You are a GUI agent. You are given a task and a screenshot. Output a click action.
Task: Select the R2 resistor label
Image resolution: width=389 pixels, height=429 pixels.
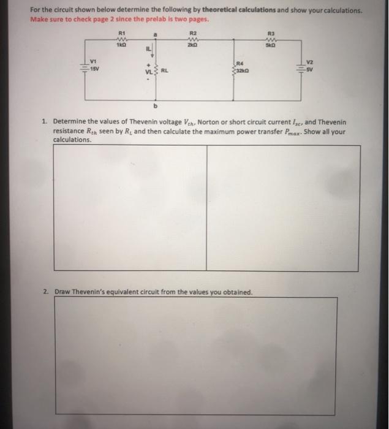click(194, 32)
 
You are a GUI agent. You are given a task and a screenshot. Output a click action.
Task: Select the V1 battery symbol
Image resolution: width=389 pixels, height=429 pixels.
click(85, 67)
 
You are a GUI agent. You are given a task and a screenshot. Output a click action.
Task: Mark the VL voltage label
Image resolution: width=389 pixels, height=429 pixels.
click(148, 71)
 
